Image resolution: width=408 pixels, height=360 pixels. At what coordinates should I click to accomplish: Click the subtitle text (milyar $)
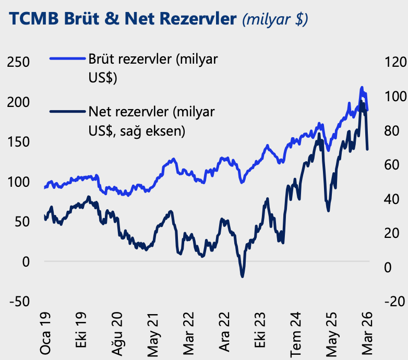275,19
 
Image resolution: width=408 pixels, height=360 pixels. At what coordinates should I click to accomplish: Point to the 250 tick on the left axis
18,62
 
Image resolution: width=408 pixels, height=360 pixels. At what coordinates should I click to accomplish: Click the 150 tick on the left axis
18,142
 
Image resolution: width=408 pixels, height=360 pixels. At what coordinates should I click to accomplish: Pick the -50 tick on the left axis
18,302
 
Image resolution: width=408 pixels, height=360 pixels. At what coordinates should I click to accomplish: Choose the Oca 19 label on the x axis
45,333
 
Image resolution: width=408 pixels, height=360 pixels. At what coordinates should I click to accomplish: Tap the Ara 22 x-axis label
224,333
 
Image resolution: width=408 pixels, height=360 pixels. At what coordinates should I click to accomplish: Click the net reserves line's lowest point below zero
242,275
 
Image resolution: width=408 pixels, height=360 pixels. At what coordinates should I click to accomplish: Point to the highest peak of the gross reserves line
362,88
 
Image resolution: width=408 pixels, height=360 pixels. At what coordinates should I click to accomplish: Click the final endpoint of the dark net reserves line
367,149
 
